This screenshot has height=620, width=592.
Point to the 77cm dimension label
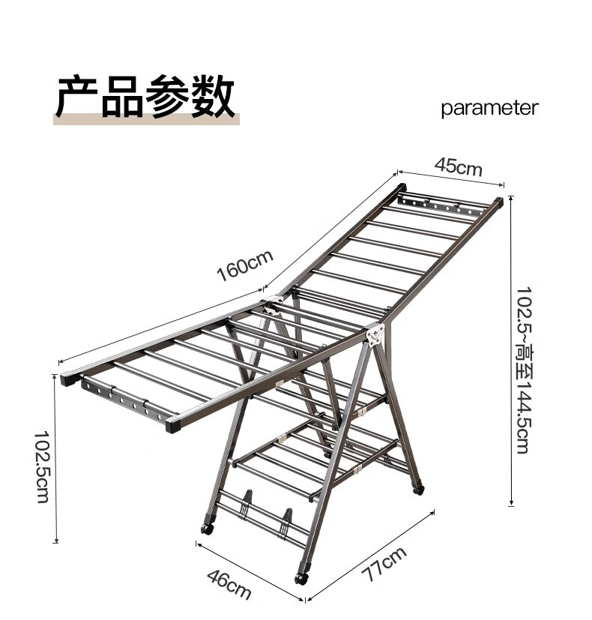[384, 565]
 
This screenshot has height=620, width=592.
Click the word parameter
[489, 108]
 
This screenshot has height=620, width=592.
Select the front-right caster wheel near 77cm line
[301, 578]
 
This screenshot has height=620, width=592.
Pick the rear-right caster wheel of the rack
[417, 488]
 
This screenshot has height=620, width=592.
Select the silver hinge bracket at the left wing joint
[270, 307]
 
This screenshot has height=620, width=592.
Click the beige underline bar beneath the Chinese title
[146, 118]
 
